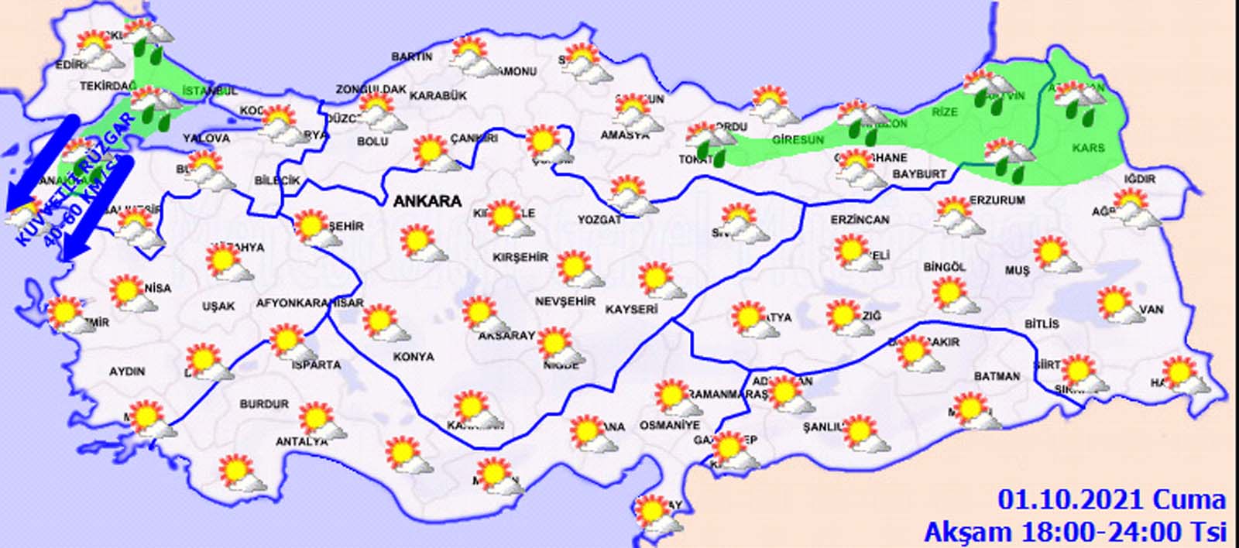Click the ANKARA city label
427,201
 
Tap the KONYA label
414,357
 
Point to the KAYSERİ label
631,309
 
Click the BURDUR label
264,404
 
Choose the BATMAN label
997,376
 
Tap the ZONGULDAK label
371,90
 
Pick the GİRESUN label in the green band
798,140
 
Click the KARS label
1088,147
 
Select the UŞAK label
218,307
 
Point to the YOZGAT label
599,220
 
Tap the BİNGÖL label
945,267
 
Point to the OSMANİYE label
669,425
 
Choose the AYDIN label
127,372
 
